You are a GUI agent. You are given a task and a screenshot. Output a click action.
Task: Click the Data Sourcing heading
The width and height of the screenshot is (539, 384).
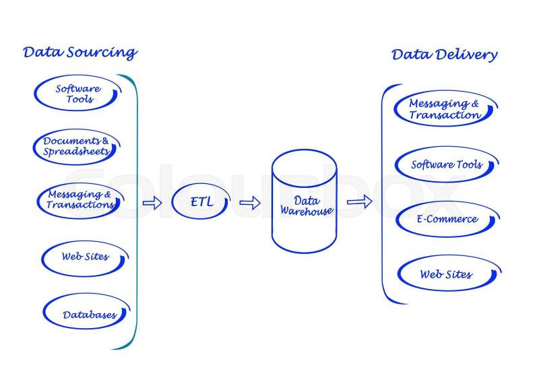(x=80, y=53)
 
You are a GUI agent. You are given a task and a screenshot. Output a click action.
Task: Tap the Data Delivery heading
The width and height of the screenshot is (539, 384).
(x=444, y=55)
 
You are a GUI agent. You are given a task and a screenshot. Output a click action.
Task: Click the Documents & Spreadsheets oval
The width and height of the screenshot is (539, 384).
(x=76, y=146)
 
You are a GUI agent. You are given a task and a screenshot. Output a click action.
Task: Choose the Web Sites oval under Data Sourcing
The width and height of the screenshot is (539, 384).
(x=85, y=257)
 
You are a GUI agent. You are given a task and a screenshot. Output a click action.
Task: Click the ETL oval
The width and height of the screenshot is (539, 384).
(x=201, y=201)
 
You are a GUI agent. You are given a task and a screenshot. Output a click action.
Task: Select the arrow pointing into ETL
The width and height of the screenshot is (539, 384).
(x=153, y=202)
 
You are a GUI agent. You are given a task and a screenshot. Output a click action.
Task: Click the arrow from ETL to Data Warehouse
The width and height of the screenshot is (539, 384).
(x=250, y=202)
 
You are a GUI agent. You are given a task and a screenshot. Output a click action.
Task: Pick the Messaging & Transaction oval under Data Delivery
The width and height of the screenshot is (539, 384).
(x=445, y=109)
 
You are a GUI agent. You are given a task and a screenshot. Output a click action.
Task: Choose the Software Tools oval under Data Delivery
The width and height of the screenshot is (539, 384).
(x=446, y=164)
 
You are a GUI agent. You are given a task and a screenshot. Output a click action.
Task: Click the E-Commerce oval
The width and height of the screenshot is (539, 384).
(x=446, y=219)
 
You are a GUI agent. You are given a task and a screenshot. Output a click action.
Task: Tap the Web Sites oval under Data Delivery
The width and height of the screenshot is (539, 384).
(x=446, y=274)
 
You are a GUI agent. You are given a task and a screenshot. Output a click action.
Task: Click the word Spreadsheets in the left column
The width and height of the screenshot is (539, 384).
(x=76, y=152)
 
